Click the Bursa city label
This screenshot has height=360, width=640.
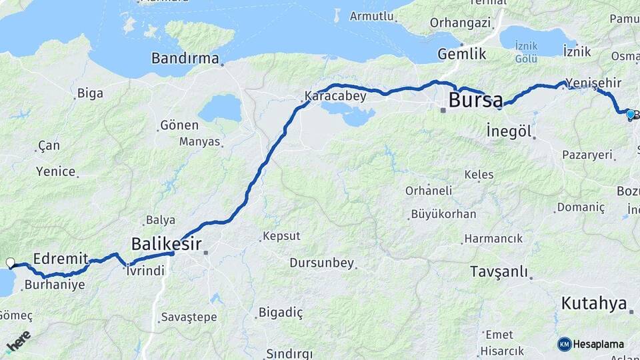click(475, 101)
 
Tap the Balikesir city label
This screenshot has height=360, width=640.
click(166, 243)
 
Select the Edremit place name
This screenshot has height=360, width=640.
click(61, 258)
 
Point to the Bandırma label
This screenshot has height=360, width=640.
click(185, 59)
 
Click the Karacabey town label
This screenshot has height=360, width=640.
click(335, 97)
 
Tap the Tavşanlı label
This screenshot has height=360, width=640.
click(499, 271)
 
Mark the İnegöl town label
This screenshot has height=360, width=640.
click(509, 131)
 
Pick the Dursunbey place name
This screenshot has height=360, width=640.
click(321, 263)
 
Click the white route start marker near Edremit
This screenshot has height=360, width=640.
click(11, 263)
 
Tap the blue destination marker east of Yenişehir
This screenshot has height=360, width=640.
click(630, 114)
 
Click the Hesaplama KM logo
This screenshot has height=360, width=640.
click(591, 344)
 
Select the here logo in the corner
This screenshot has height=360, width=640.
click(18, 341)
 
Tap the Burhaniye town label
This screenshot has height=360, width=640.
click(55, 285)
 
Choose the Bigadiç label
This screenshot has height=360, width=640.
click(281, 312)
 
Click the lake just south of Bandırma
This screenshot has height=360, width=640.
click(220, 107)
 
